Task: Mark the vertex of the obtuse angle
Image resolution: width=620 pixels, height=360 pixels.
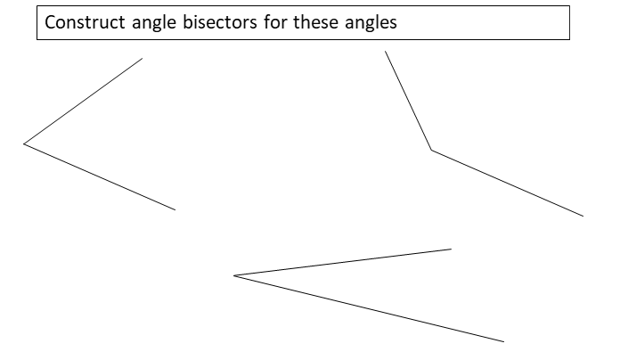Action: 432,151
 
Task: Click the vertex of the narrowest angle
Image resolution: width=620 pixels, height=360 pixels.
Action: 234,275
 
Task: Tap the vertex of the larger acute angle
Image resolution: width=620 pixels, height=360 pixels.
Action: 24,143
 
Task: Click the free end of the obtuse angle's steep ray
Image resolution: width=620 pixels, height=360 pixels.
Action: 385,51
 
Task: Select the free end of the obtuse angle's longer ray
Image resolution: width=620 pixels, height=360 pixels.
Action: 583,216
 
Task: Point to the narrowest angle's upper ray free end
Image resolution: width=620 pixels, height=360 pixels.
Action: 452,249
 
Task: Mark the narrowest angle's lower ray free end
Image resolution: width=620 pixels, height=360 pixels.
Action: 504,341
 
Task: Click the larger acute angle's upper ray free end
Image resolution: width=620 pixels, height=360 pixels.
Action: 143,59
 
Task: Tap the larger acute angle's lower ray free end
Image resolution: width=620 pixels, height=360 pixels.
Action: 175,210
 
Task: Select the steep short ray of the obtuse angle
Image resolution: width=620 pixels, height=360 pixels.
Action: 408,101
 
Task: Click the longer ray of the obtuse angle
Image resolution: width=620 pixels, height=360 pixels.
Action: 508,184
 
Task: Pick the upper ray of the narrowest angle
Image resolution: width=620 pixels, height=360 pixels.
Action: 343,262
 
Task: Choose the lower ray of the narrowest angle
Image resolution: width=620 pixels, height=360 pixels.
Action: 370,308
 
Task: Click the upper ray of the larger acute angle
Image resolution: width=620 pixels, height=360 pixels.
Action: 83,101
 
